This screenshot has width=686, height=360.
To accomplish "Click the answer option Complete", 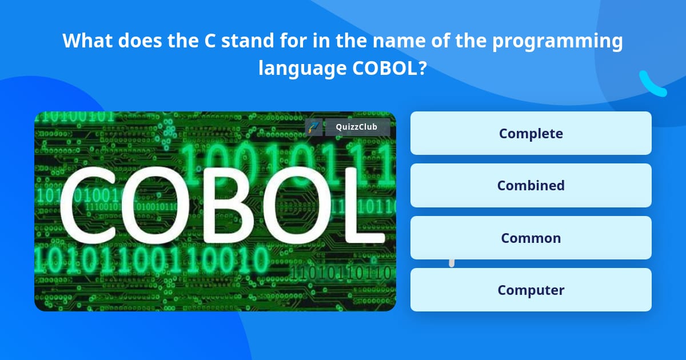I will click(531, 133).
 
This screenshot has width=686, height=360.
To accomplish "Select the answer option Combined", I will click(531, 185).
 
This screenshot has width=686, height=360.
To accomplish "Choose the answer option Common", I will click(531, 238).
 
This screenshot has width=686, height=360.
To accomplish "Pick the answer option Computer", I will click(531, 290).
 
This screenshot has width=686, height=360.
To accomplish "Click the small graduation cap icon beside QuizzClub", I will click(313, 127).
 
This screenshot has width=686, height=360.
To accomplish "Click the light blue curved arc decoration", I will click(652, 84).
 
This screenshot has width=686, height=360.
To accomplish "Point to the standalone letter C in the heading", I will click(210, 41).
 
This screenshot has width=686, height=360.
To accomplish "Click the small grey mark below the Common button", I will click(452, 263).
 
